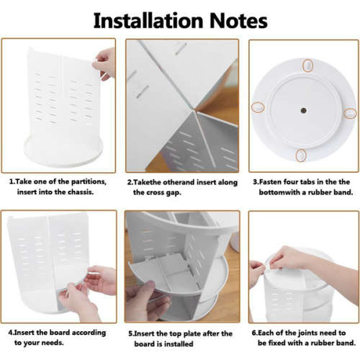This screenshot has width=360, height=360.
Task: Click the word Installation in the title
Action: pyautogui.click(x=148, y=21)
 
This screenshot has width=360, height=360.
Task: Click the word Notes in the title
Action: pyautogui.click(x=238, y=21)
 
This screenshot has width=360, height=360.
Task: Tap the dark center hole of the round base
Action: pyautogui.click(x=303, y=111)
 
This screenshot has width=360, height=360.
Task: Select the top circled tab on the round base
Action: pyautogui.click(x=307, y=66)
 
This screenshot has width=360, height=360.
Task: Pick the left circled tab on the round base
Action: pyautogui.click(x=258, y=107)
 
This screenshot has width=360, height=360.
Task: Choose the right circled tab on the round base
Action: pyautogui.click(x=351, y=113)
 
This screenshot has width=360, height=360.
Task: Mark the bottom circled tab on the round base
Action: pyautogui.click(x=300, y=156)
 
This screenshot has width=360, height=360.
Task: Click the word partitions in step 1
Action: pyautogui.click(x=89, y=182)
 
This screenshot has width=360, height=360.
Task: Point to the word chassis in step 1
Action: pyautogui.click(x=81, y=192)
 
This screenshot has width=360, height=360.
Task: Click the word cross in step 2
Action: pyautogui.click(x=162, y=192)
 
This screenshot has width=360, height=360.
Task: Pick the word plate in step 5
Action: pyautogui.click(x=192, y=334)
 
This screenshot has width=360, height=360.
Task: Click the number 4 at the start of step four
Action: pyautogui.click(x=10, y=333)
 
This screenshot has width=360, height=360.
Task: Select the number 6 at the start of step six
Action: pyautogui.click(x=254, y=333)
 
